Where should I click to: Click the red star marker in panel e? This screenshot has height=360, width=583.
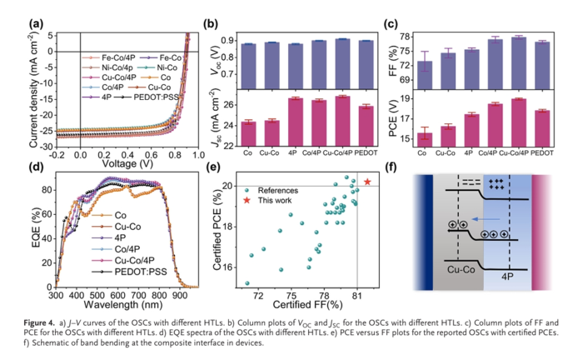point(367,182)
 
